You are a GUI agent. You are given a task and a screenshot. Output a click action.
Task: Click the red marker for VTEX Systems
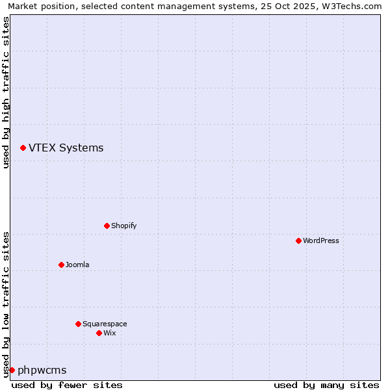click(23, 148)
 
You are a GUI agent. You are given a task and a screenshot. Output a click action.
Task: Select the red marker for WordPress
click(298, 240)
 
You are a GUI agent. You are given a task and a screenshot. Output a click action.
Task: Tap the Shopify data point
click(107, 226)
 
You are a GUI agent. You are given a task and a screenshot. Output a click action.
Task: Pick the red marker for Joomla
click(61, 265)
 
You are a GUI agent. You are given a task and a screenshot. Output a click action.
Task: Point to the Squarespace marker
click(78, 324)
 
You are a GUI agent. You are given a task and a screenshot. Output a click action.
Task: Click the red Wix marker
click(99, 333)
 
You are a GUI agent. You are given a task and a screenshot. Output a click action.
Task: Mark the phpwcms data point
click(12, 370)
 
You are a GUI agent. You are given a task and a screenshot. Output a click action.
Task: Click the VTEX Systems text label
click(66, 148)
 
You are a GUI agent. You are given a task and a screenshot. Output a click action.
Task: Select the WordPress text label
click(321, 240)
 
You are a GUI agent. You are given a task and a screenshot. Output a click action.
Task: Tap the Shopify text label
click(123, 226)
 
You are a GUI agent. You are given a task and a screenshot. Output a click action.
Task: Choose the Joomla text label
click(77, 265)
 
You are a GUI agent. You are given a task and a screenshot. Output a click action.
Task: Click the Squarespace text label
click(105, 324)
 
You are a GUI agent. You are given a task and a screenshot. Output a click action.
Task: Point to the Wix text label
click(109, 333)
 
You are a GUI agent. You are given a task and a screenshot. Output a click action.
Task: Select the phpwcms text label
click(42, 370)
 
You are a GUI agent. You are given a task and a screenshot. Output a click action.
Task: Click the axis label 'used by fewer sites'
click(67, 385)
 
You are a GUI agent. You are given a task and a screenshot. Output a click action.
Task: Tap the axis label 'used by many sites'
click(326, 385)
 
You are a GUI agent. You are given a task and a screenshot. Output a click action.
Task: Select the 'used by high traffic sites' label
click(6, 92)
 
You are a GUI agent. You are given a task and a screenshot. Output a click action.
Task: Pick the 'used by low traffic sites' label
click(6, 304)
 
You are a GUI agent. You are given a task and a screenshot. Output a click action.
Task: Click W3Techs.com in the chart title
click(351, 6)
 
